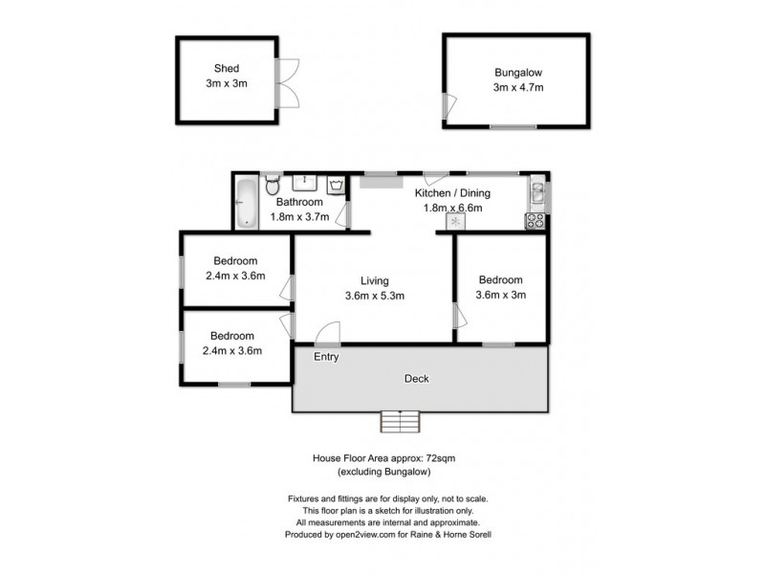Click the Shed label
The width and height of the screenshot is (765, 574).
click(x=227, y=69)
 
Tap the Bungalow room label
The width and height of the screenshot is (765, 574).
click(x=517, y=72)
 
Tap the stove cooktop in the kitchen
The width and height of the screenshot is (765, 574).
click(x=535, y=221)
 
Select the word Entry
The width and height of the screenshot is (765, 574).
click(x=327, y=357)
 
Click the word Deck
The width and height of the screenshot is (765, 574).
click(x=416, y=379)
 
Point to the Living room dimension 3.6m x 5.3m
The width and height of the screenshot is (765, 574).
click(x=375, y=296)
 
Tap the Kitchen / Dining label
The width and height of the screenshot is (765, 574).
click(x=449, y=192)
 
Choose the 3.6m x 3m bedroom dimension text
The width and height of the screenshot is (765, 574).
click(x=501, y=295)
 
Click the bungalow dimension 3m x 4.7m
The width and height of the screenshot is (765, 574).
click(x=518, y=87)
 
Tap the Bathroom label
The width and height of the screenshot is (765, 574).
click(x=299, y=202)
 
